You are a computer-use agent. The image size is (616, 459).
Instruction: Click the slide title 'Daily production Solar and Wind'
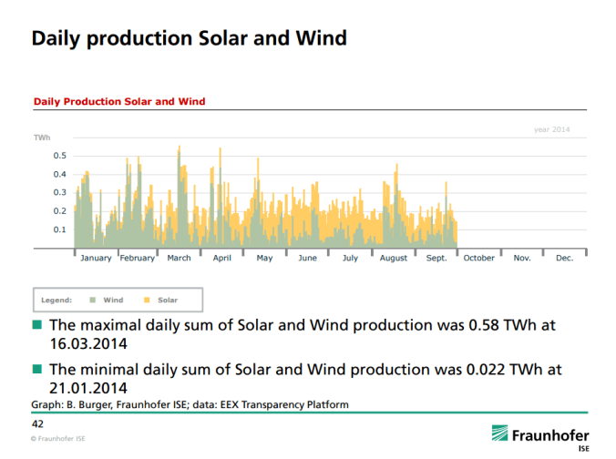[189, 38]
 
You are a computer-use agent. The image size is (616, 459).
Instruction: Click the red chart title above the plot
[119, 101]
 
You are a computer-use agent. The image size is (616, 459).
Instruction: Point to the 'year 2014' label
[551, 130]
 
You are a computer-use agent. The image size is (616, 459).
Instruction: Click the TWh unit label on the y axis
[42, 138]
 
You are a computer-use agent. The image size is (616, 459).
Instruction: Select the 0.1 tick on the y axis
[59, 229]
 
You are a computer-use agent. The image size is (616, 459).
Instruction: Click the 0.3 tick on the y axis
[59, 192]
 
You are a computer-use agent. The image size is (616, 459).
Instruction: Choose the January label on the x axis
[96, 259]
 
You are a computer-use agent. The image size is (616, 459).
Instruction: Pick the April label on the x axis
[221, 259]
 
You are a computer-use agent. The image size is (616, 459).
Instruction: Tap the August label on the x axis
[394, 259]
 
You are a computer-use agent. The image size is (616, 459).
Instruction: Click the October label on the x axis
[479, 259]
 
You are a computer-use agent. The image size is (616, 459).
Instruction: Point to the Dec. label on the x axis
[565, 259]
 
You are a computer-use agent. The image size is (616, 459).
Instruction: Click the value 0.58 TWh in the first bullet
[488, 325]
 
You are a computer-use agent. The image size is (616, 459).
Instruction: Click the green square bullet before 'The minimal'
[37, 370]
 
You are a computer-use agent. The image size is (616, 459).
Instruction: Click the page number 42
[38, 424]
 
